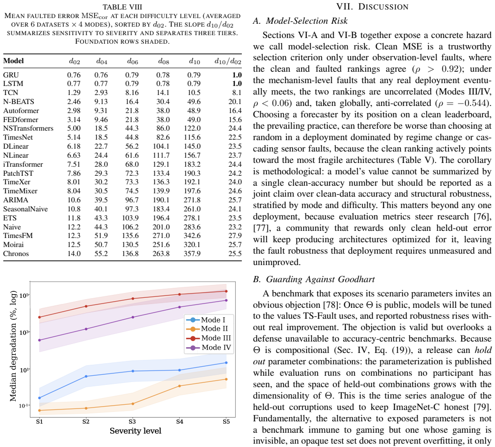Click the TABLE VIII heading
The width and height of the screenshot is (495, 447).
tap(123, 7)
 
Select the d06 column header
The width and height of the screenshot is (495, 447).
tap(133, 61)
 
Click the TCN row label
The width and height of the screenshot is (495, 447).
tap(11, 93)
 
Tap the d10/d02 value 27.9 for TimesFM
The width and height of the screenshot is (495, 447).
tap(235, 236)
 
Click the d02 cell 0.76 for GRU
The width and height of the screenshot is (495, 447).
tap(74, 75)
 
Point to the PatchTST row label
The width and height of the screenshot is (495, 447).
tap(18, 173)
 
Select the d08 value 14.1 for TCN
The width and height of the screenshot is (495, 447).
tap(163, 93)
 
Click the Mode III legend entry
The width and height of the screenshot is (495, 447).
tap(209, 338)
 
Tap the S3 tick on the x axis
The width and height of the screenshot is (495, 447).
tap(132, 421)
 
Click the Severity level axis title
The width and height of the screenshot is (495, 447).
tap(135, 430)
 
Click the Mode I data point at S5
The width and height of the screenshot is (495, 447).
tap(226, 363)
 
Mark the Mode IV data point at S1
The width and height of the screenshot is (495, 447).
tap(39, 340)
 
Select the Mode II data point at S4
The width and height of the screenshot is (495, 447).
tap(180, 386)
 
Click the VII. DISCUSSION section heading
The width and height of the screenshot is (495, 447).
tap(372, 7)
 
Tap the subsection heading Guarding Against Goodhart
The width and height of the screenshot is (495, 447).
tap(314, 279)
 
